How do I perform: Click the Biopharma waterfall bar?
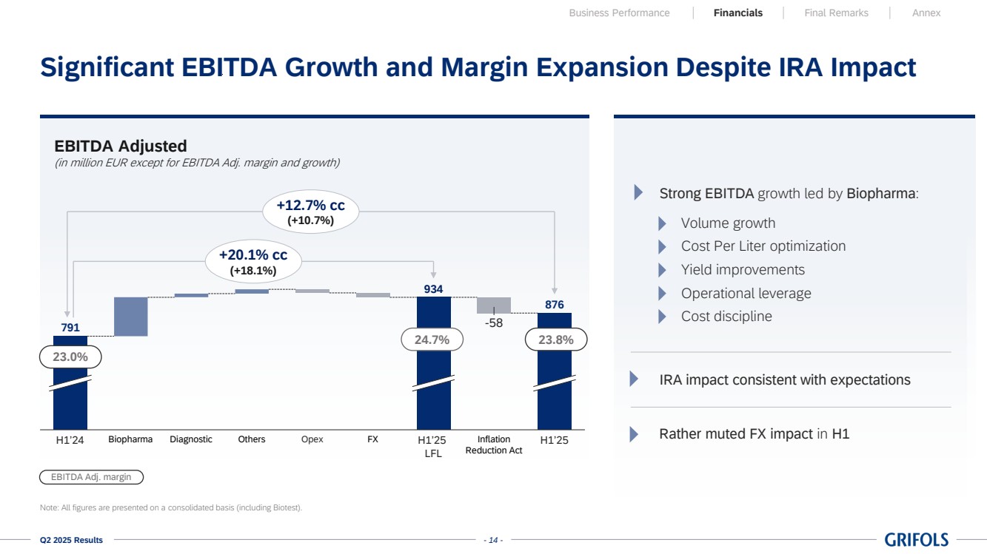(x=131, y=317)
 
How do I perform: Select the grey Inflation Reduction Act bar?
(x=494, y=305)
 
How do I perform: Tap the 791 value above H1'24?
(x=70, y=328)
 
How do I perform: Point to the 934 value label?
(x=433, y=289)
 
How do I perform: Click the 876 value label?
(x=555, y=305)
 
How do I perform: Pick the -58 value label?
(x=494, y=323)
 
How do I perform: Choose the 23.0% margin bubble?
(x=70, y=357)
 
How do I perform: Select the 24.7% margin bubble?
(x=432, y=340)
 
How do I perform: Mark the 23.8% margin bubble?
(x=555, y=340)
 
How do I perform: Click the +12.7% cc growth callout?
(x=311, y=212)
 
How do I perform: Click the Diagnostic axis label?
(x=191, y=439)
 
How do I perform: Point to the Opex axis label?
(x=312, y=439)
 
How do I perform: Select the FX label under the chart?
(x=372, y=439)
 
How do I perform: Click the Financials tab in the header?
(x=738, y=13)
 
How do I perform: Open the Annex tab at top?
(x=926, y=13)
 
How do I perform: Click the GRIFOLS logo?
(x=916, y=540)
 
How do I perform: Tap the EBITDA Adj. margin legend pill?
(x=91, y=477)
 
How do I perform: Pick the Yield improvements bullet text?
(x=743, y=270)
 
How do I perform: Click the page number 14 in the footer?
(x=493, y=541)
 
